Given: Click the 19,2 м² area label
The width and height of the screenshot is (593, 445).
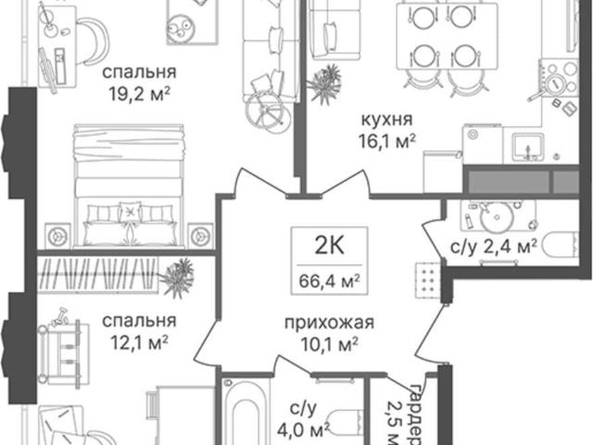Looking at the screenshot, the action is [139, 95].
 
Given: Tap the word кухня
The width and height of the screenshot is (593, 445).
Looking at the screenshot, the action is [387, 120].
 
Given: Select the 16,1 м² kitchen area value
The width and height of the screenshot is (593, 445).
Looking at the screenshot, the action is [387, 142].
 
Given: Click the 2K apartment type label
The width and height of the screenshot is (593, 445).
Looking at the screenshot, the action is [330, 246].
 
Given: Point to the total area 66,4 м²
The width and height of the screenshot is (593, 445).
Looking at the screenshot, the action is [329, 281].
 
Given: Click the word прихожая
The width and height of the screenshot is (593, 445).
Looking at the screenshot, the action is [329, 324].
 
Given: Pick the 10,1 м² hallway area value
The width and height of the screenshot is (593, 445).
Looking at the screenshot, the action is [329, 344].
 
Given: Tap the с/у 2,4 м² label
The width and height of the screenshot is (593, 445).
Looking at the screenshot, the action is [494, 248].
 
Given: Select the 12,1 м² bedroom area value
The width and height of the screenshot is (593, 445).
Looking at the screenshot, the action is [139, 343].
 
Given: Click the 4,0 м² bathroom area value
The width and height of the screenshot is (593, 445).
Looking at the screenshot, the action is [303, 430].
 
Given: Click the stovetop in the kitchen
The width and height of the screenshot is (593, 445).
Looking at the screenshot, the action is [559, 79].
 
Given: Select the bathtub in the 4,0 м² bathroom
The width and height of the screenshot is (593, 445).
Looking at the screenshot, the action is [246, 412].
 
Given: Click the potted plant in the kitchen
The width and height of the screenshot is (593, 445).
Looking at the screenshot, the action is [323, 84].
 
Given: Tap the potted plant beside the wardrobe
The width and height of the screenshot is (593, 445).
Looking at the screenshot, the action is [176, 278].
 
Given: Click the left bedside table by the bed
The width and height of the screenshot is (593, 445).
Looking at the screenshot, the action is [57, 236].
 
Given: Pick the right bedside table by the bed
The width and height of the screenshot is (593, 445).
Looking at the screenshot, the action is [200, 236].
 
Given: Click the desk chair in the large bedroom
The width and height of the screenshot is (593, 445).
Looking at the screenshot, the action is [93, 41].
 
